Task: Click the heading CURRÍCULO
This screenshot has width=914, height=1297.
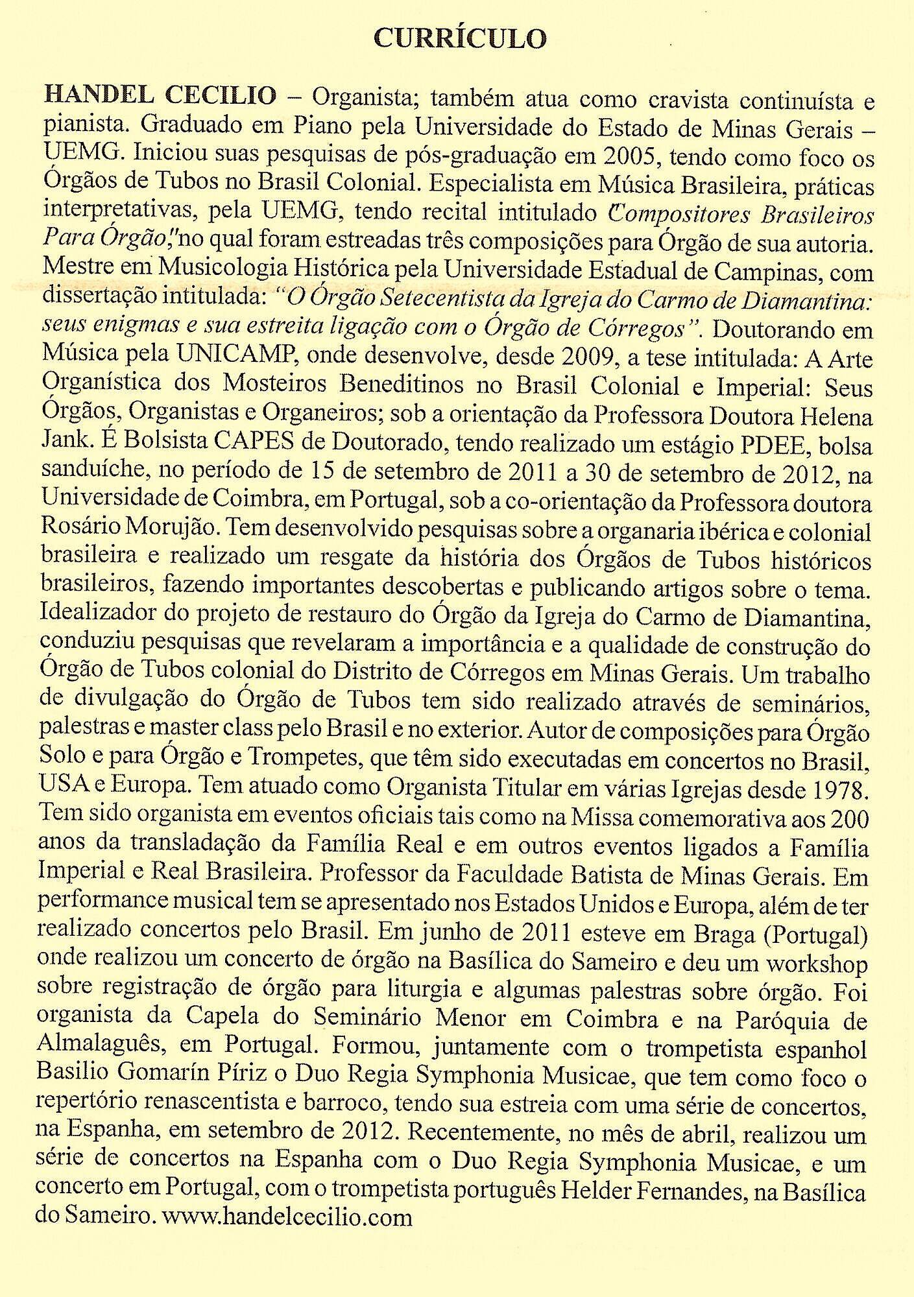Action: click(460, 39)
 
